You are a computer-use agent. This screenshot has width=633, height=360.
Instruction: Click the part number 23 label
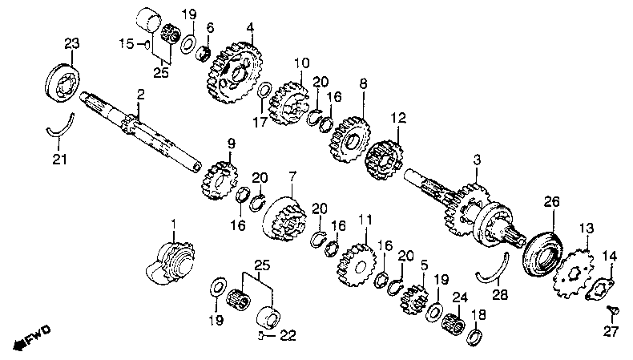point(71,43)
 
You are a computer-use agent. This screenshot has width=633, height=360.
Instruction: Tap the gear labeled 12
point(385,158)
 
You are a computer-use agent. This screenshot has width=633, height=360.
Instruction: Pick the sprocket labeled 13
point(575,269)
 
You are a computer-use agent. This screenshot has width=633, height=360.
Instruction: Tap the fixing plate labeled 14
point(602,288)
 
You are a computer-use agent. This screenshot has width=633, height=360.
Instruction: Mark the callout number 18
point(479,315)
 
